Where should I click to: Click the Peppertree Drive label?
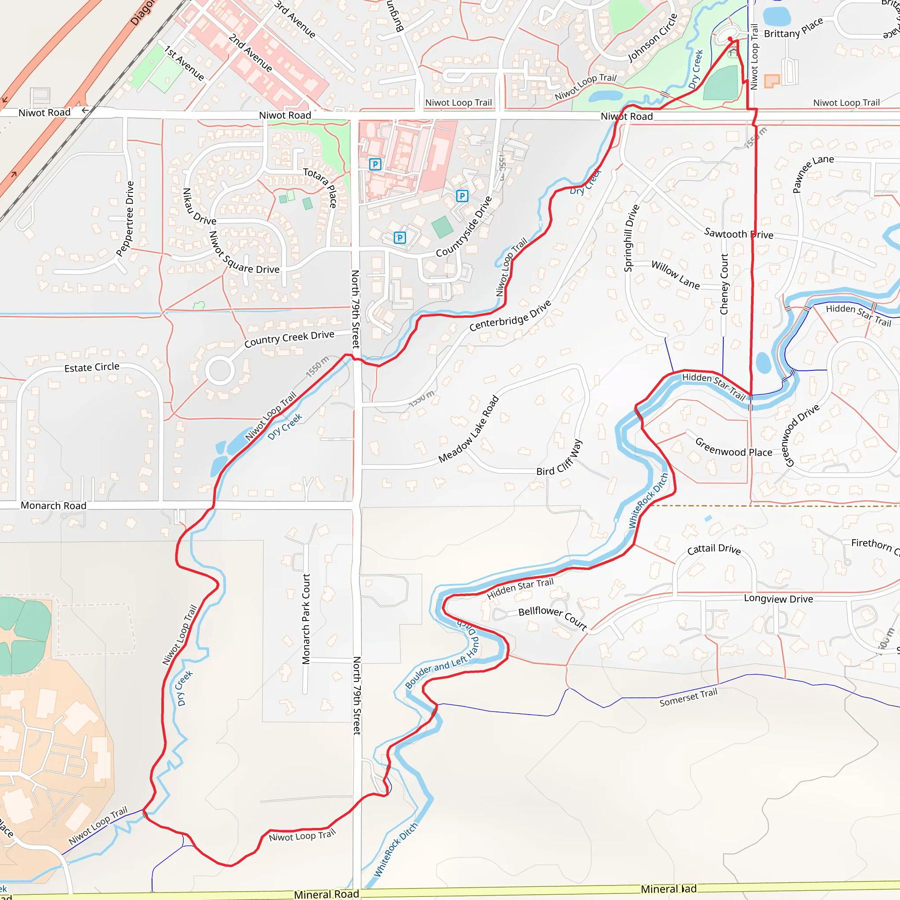point(125,218)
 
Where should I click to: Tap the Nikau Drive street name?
point(199,207)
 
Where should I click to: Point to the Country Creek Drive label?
point(289,339)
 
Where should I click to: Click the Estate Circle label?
point(92,367)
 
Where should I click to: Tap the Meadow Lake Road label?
point(468,429)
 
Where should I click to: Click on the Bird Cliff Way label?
point(559,458)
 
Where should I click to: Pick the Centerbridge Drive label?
point(510,316)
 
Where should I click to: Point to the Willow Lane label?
point(675,275)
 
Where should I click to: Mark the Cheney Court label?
point(724,284)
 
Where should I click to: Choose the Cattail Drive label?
point(714,549)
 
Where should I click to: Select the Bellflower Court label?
point(552,617)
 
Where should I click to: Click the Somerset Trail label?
point(689,697)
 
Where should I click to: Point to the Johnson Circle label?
point(653,38)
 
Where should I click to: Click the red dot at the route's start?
point(730,39)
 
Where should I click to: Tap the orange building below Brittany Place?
point(772,81)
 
